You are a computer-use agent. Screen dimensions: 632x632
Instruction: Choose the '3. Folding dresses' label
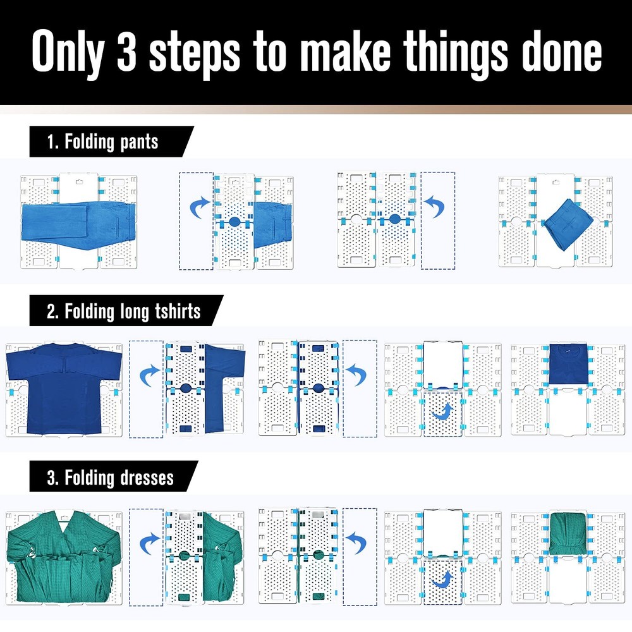111,477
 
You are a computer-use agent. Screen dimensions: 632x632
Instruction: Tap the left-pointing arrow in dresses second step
149,541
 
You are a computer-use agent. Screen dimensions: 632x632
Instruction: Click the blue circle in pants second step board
234,222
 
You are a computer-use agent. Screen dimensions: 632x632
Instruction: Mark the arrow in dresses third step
359,541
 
